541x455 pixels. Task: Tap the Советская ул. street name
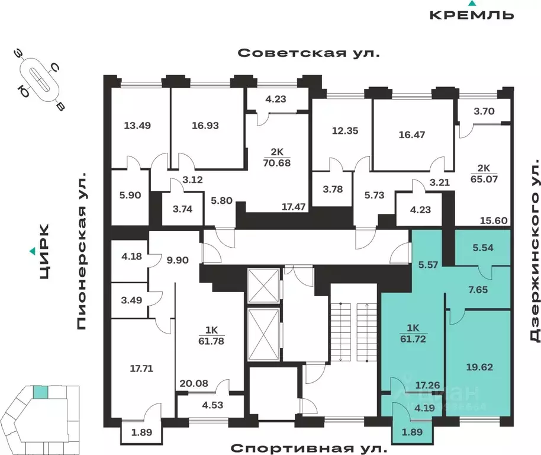point(308,53)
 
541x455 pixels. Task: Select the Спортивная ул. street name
point(308,447)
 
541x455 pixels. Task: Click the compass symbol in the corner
point(41,80)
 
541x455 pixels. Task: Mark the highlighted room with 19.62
point(478,367)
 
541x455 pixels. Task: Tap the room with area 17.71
point(141,367)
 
